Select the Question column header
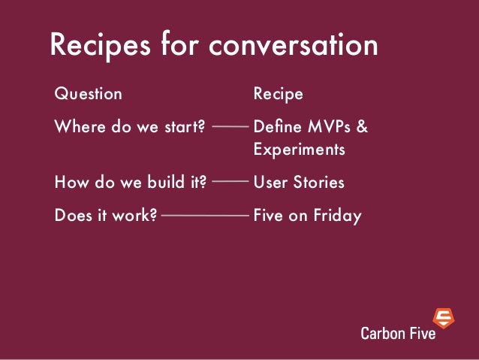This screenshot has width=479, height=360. click(88, 94)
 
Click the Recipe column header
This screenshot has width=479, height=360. click(279, 94)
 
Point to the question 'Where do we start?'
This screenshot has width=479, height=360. click(130, 126)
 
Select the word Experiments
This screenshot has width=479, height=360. click(299, 150)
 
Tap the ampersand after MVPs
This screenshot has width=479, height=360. click(362, 126)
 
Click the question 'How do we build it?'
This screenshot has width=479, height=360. click(131, 182)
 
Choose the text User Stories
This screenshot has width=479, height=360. click(299, 182)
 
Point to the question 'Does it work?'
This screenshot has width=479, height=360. click(106, 216)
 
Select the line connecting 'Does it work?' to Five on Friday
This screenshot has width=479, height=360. click(204, 216)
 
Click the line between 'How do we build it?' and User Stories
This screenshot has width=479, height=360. click(230, 182)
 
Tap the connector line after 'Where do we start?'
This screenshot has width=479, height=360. click(230, 126)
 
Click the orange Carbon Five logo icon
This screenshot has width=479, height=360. click(444, 318)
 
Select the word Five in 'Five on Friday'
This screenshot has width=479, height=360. click(267, 216)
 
